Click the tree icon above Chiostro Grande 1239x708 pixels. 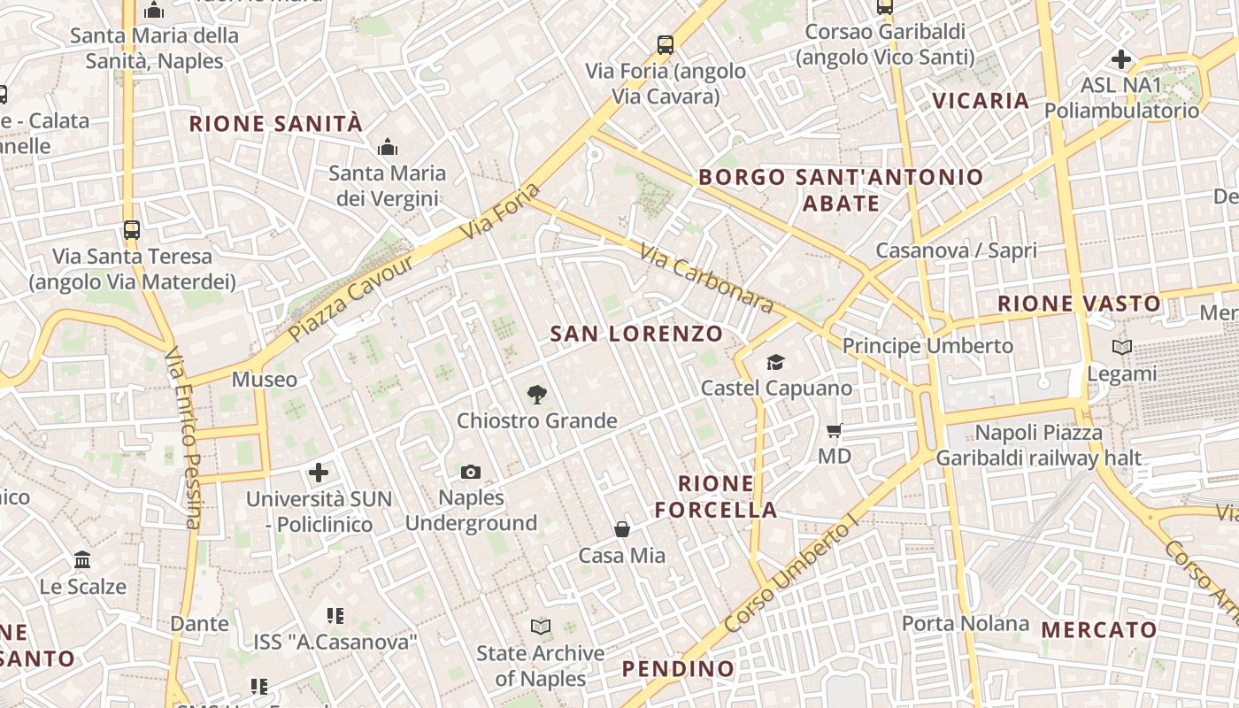pos(535,395)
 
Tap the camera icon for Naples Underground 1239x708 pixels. pos(471,473)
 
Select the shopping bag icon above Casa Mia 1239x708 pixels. pos(622,529)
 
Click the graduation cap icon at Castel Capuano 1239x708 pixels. pos(776,362)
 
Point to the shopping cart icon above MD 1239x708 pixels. pos(834,431)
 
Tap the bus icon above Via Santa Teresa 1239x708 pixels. pos(132,230)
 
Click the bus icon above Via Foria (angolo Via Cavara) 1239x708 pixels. pos(666,45)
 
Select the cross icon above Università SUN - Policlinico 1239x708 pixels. pos(319,473)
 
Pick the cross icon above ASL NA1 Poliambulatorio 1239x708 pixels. pos(1121,59)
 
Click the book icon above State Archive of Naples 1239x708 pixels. pos(540,627)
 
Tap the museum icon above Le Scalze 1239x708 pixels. pos(83,560)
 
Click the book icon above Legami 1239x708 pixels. pos(1122,348)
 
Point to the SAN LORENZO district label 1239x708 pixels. pos(636,334)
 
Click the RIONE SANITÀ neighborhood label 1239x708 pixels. pos(276,123)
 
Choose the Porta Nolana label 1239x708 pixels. pos(966,623)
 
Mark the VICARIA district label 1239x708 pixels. pos(981,100)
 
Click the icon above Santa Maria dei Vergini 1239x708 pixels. pos(387,147)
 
